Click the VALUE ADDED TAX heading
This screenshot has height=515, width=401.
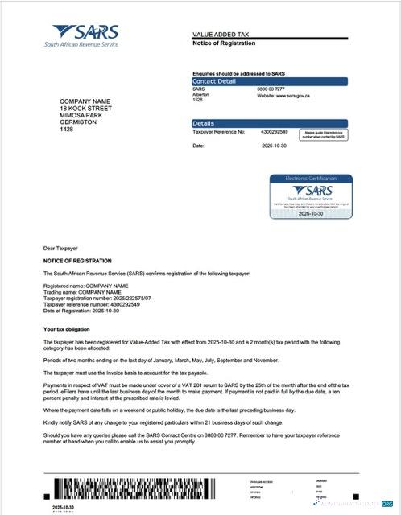coord(222,35)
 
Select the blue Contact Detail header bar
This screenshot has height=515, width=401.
coord(269,81)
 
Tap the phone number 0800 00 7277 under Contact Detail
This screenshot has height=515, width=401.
coord(271,89)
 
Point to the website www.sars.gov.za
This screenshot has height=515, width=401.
coord(282,95)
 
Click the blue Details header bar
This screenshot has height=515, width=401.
coord(269,123)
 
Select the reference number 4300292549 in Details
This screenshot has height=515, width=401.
coord(275,131)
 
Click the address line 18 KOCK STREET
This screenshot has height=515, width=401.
coord(85,108)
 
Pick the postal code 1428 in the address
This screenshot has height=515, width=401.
coord(66,129)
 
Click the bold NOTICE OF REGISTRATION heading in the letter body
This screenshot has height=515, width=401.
coord(77,261)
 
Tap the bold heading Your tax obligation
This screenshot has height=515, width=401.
coord(66,329)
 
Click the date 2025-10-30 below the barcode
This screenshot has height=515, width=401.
coord(64,508)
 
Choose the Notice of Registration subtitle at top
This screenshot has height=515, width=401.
coord(222,43)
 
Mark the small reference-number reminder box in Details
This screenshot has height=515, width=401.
coord(324,134)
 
